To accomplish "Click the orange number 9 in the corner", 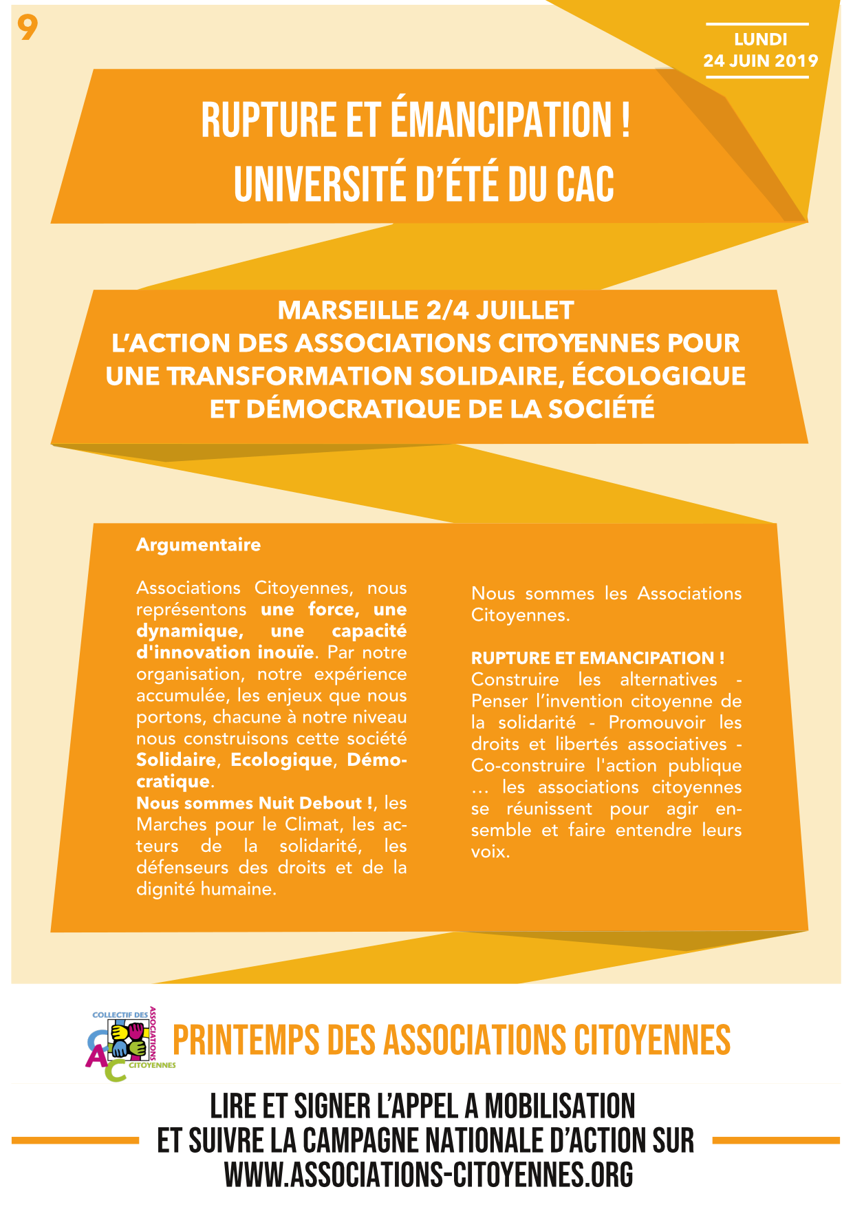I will click(28, 28).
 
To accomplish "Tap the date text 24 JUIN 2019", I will click(760, 61).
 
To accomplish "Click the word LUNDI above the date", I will click(760, 39).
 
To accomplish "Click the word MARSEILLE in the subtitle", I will click(347, 310).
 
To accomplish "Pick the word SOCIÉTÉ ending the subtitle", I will click(601, 409).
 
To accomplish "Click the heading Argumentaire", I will click(198, 544).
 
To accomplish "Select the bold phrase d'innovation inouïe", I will click(225, 652).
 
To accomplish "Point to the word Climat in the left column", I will click(313, 824).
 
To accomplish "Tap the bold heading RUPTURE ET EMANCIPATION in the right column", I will click(597, 658).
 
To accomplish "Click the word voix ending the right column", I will click(489, 852).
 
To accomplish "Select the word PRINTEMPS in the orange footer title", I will click(246, 1040).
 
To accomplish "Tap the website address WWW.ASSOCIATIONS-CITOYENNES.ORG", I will click(428, 1175).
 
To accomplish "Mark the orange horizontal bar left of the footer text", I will click(76, 1140).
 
